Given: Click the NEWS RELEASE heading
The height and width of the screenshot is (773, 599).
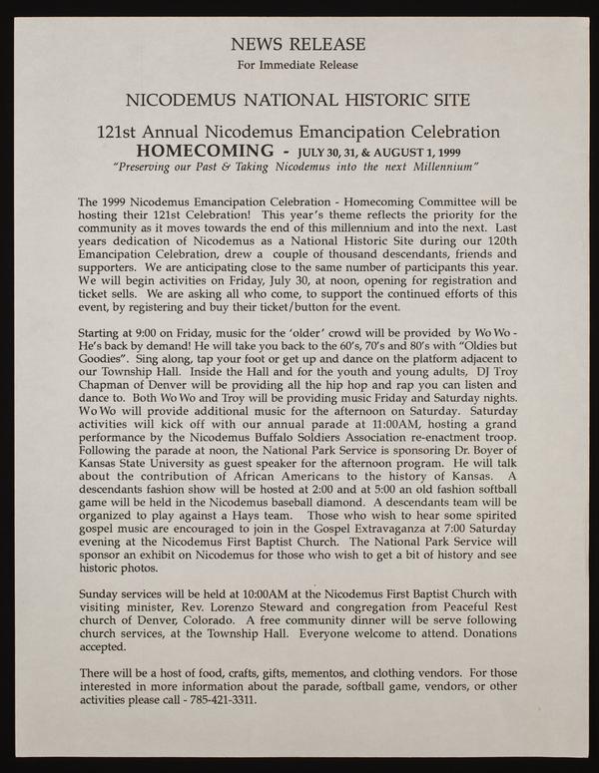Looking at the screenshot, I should point(299,44).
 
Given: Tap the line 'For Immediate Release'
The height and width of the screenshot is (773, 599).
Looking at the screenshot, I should point(299,67).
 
